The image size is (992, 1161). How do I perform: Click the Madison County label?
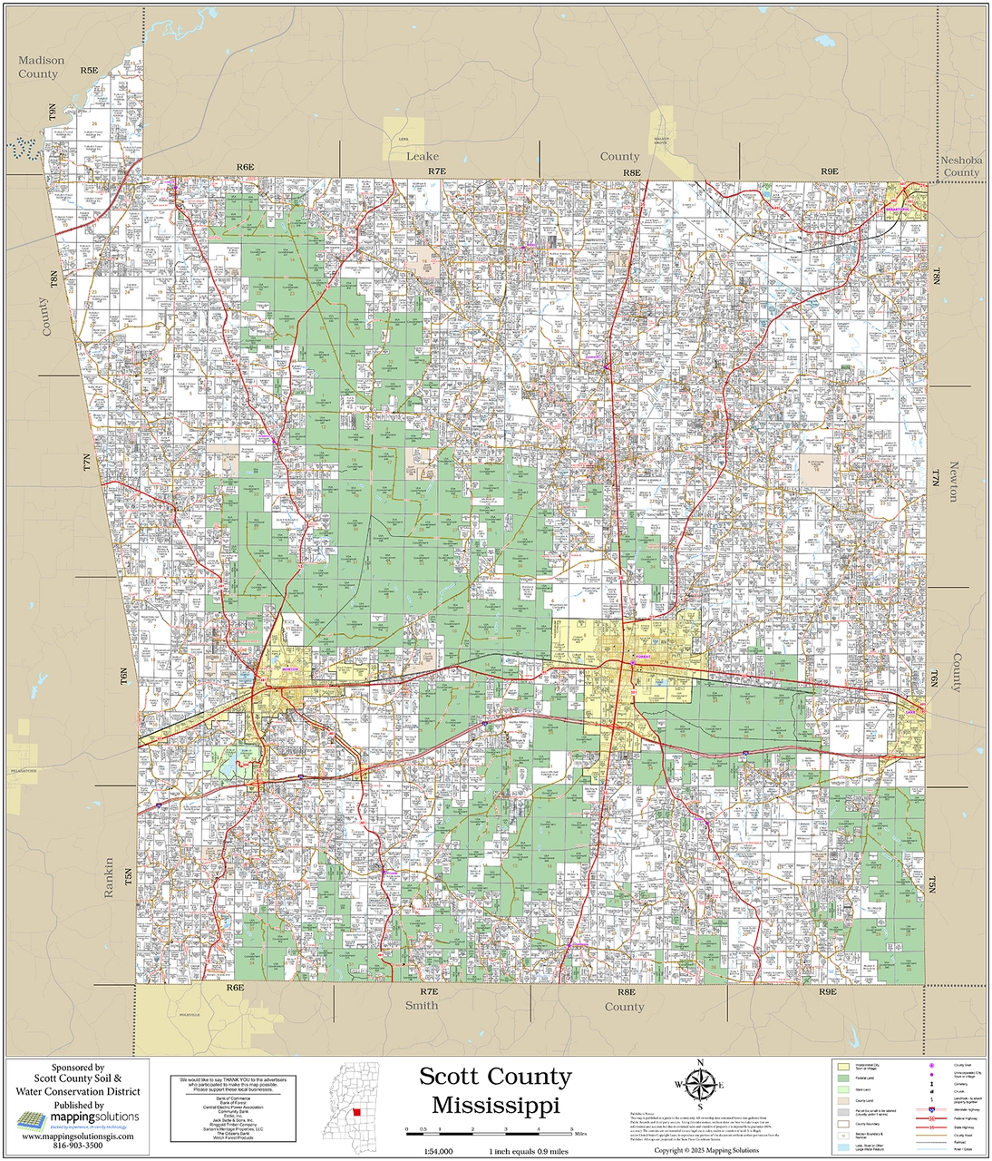pyautogui.click(x=42, y=67)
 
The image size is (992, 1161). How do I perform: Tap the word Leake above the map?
pyautogui.click(x=422, y=156)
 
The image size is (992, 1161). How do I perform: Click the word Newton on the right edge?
pyautogui.click(x=952, y=480)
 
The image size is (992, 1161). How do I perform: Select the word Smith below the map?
pyautogui.click(x=421, y=1005)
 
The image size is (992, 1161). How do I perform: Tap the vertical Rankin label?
pyautogui.click(x=109, y=877)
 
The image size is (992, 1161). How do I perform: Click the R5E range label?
pyautogui.click(x=88, y=70)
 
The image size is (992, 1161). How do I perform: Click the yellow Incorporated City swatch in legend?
pyautogui.click(x=843, y=1067)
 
